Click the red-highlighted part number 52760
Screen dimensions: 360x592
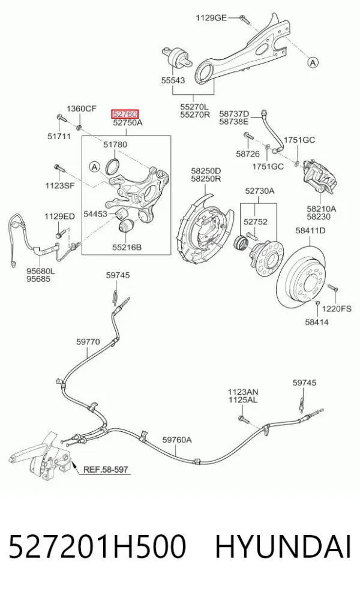[x=125, y=113]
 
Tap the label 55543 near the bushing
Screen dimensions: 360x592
[x=173, y=80]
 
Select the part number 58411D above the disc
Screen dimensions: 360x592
[x=310, y=230]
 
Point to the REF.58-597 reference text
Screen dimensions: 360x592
[x=106, y=470]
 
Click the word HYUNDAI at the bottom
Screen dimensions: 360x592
[x=283, y=547]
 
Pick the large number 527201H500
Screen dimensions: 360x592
[x=97, y=547]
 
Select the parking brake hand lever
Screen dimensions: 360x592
[x=40, y=457]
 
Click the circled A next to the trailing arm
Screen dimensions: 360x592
[x=313, y=62]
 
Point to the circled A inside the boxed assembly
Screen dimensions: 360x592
[x=94, y=166]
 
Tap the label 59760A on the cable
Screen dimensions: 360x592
[x=177, y=440]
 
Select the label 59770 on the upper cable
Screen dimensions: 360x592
[x=88, y=342]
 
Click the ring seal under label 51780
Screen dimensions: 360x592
[x=112, y=166]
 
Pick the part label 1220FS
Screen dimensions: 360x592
[x=337, y=308]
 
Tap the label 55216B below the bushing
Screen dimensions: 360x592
[x=127, y=247]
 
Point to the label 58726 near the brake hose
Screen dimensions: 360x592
[x=248, y=154]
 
